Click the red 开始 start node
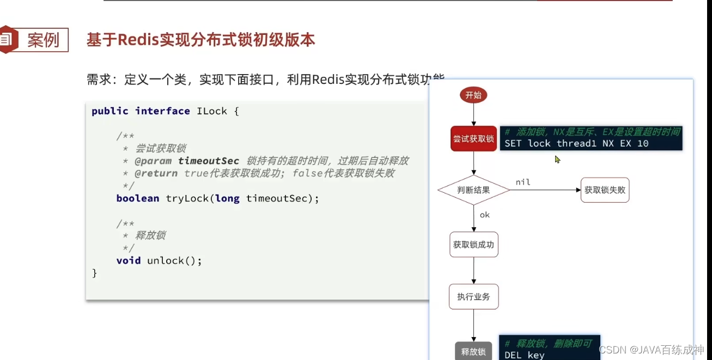(x=473, y=95)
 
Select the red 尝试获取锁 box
(x=473, y=139)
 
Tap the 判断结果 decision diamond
(x=473, y=190)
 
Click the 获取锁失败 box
(x=605, y=190)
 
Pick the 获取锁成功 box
(x=473, y=245)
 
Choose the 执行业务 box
(x=473, y=297)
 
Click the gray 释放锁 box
(x=473, y=351)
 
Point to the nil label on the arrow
(x=522, y=182)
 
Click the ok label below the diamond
(x=484, y=215)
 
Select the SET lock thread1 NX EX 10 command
(x=576, y=144)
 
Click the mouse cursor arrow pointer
(x=557, y=159)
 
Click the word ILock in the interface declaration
(x=211, y=111)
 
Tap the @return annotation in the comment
(x=156, y=173)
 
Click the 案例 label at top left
(x=43, y=40)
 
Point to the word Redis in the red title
(x=138, y=40)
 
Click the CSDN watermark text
(x=611, y=349)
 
